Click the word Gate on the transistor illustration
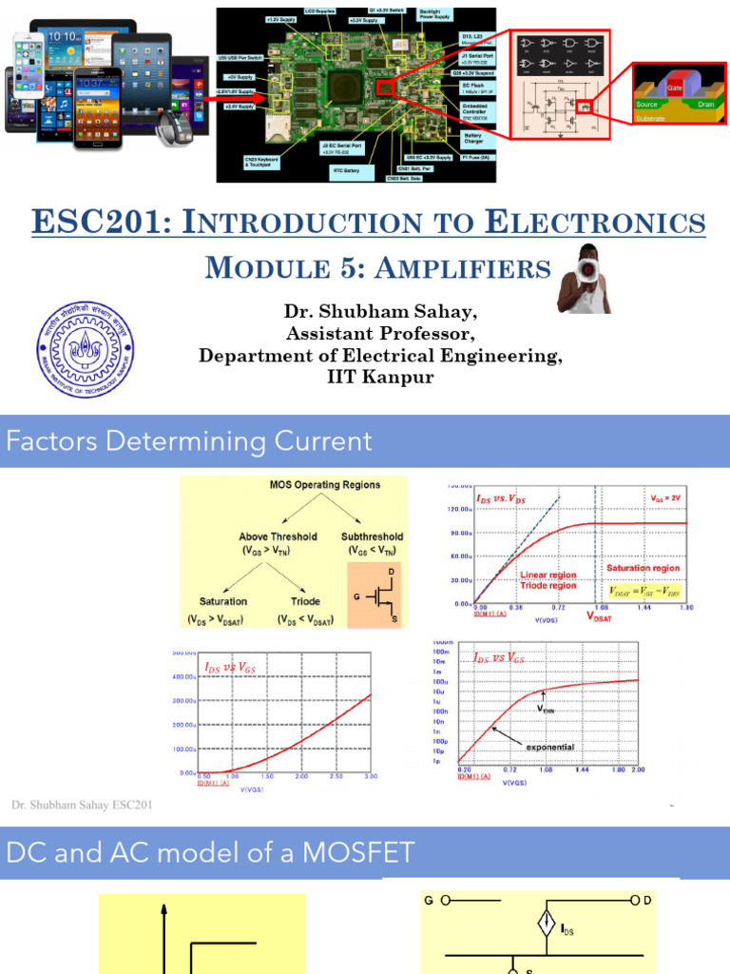click(x=675, y=87)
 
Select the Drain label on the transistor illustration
click(x=705, y=105)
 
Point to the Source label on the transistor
click(x=647, y=105)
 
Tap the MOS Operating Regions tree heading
click(x=324, y=484)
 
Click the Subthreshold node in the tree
click(x=372, y=536)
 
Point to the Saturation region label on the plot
click(x=643, y=568)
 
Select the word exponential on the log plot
click(x=550, y=747)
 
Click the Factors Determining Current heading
click(x=188, y=441)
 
